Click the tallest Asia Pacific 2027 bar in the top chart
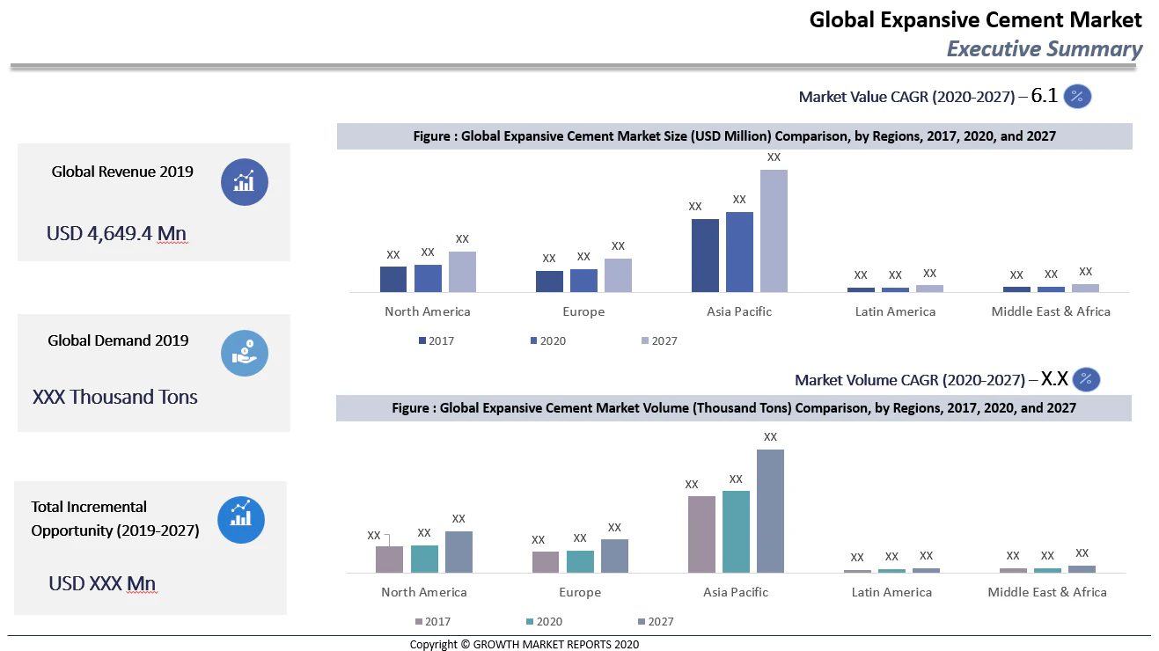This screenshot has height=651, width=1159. coord(774,230)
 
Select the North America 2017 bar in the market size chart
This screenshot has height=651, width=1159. coord(393,279)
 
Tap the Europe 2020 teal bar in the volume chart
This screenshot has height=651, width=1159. coord(580,561)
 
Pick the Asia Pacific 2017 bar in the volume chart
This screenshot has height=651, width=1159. coord(701,534)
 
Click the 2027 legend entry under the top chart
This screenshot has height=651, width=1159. coord(659,340)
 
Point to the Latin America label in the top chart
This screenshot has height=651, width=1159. coord(895,311)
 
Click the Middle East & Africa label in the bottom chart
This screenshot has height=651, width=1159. coord(1047,592)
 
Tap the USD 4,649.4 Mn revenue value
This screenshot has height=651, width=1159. coord(116,233)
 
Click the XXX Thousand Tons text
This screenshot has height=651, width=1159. coord(115,397)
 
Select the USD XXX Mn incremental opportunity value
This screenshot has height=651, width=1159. coord(102,583)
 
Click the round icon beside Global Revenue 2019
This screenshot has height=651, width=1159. coord(244,182)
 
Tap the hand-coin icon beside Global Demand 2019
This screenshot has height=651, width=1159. coord(244,353)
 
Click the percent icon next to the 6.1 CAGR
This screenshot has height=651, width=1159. coord(1077,97)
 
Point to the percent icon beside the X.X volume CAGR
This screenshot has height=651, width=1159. coord(1086,379)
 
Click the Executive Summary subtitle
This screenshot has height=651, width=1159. coord(1044,49)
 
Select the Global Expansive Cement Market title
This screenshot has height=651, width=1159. coord(975,19)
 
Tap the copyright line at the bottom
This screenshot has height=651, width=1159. coord(524,644)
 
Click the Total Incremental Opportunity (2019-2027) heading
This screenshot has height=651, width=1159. coord(115,518)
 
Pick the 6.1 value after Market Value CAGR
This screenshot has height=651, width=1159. coord(1044,96)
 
